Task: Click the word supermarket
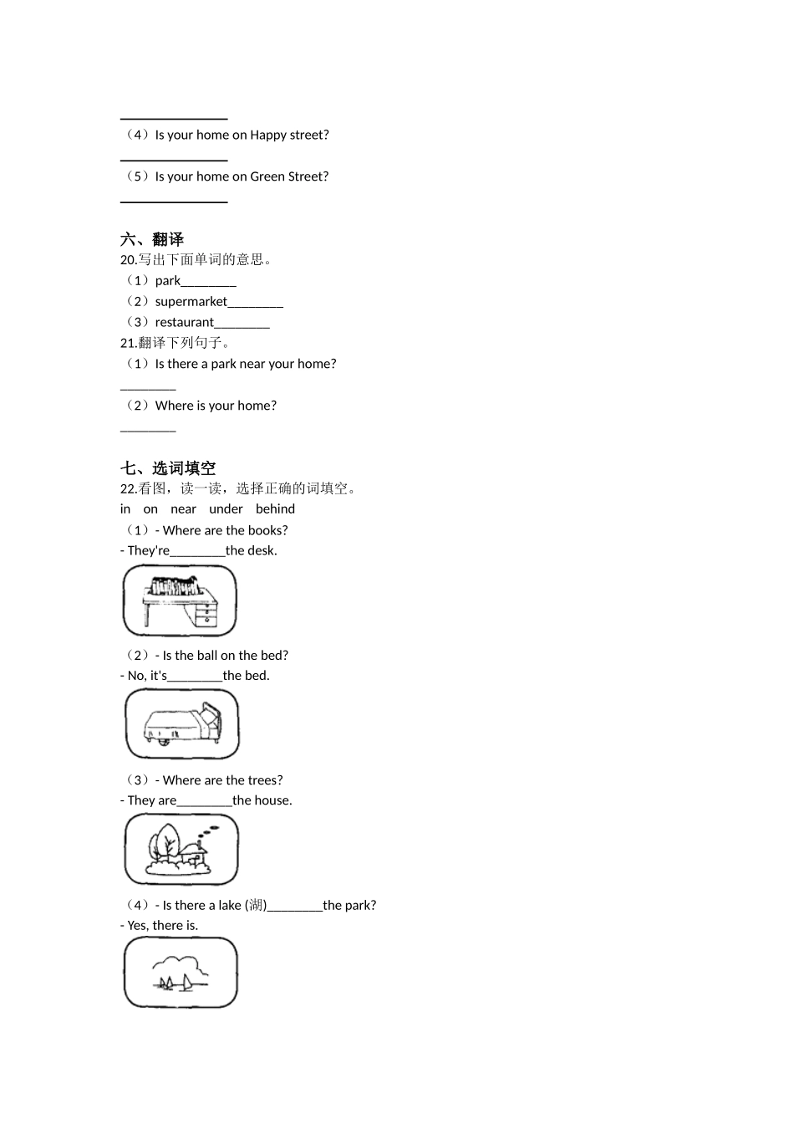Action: [x=191, y=302]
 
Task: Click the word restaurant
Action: [x=184, y=323]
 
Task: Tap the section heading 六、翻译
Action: [x=152, y=240]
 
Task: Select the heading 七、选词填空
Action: [x=168, y=468]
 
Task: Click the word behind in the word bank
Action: [x=275, y=509]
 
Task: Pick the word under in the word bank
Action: [x=226, y=509]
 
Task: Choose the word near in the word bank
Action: [x=183, y=509]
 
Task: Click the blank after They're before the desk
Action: [x=197, y=551]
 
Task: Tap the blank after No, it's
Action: [x=195, y=676]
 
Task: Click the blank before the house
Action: [x=204, y=800]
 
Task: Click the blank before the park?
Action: [x=294, y=906]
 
